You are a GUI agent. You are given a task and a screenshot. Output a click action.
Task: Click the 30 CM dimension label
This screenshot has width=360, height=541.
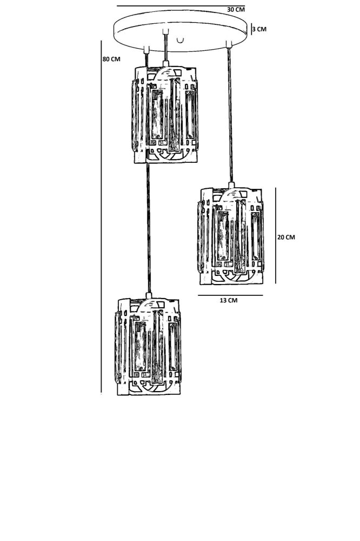[236, 10]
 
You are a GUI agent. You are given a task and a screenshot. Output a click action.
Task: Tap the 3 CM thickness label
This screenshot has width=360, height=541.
[259, 29]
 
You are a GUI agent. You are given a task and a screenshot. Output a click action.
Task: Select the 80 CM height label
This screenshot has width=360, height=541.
[111, 59]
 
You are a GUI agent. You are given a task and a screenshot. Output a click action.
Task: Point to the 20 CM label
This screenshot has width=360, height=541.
[286, 237]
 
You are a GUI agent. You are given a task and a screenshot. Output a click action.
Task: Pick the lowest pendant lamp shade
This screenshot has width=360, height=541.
[148, 346]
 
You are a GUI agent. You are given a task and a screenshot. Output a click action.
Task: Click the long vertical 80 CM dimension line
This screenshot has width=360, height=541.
[101, 216]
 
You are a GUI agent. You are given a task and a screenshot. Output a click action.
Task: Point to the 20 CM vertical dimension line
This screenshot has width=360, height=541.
[276, 235]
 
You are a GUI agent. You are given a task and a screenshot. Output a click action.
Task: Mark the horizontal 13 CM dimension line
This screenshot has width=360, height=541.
[230, 295]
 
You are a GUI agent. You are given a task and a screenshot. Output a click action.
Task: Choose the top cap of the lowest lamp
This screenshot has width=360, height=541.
[148, 296]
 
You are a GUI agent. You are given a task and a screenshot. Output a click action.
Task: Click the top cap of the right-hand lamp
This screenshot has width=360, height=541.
[231, 186]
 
